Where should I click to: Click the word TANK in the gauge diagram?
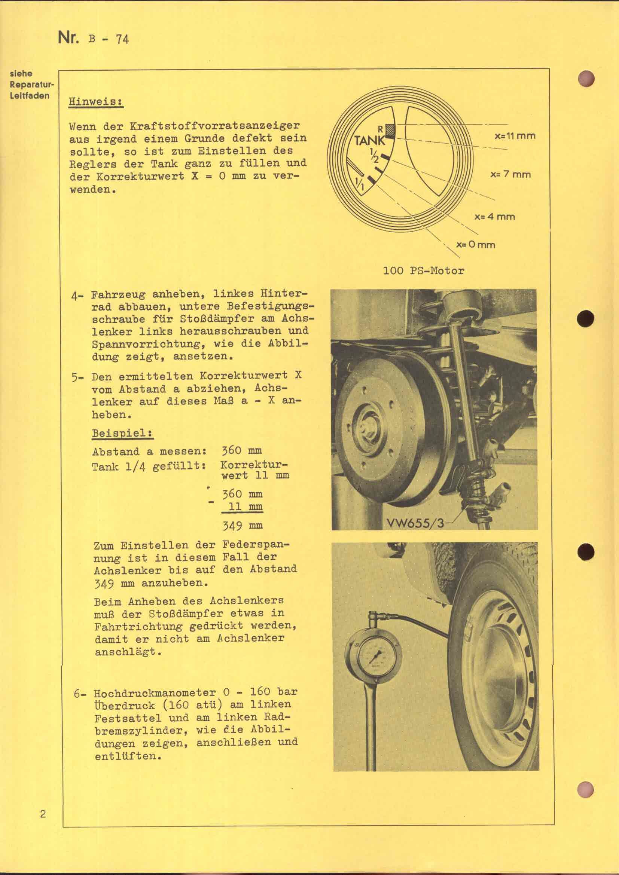(x=369, y=140)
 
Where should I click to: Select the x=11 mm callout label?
(x=515, y=136)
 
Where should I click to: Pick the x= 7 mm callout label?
(x=510, y=175)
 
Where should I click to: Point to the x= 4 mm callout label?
(x=494, y=217)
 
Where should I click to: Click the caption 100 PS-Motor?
(x=424, y=271)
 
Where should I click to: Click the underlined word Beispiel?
(x=122, y=433)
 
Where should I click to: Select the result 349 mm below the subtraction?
(x=242, y=526)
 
